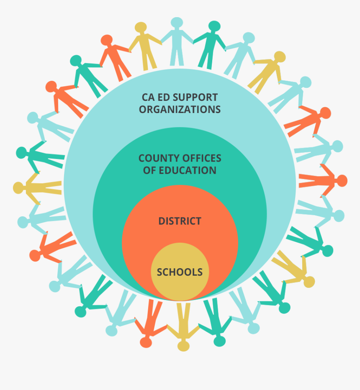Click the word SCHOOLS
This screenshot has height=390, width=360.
coord(180,272)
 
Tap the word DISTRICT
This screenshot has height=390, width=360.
coord(180,221)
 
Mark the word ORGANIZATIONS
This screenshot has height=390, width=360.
coord(180,110)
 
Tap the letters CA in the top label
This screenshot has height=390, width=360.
coord(148,97)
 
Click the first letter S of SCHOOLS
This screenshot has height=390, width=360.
coord(160,272)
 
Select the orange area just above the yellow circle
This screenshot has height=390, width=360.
coord(180,236)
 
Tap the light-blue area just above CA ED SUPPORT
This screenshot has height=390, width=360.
coord(180,82)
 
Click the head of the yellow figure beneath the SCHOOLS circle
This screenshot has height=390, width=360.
coord(183,346)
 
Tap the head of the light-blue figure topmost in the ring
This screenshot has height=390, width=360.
coord(177,23)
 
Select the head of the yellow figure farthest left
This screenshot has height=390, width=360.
coord(19,188)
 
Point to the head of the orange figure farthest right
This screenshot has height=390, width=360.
coord(342,181)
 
